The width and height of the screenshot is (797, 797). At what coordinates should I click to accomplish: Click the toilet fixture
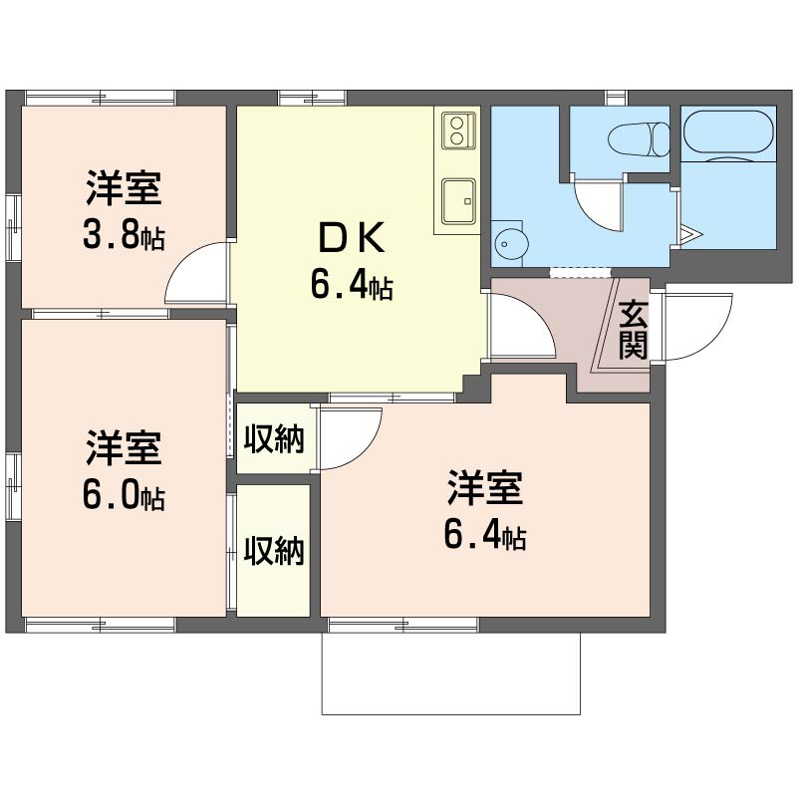point(640,138)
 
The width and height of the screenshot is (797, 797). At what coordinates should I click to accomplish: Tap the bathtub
point(728,132)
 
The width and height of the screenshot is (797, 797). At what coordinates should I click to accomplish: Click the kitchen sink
point(458,201)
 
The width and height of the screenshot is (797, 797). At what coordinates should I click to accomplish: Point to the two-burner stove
point(458,131)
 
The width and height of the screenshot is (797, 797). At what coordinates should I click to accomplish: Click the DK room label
point(352,238)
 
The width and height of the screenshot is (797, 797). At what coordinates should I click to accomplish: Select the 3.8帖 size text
point(124,235)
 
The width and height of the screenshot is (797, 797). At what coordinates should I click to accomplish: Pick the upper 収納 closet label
point(274,438)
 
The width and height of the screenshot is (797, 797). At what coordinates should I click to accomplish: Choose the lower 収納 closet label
point(274,550)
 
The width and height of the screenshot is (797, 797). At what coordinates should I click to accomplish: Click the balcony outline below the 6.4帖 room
point(451,713)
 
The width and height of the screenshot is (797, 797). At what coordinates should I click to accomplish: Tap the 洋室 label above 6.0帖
point(124,447)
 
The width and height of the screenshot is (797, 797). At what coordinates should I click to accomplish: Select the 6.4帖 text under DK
point(352,286)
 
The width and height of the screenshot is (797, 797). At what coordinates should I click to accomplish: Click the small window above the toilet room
point(616,98)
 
